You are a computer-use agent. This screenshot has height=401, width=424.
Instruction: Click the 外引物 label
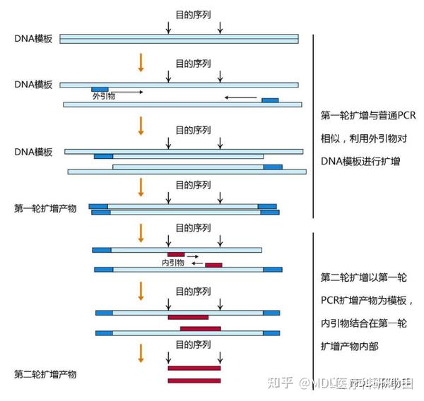tap(105, 92)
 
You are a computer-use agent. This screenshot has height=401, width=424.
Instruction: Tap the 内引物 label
tap(173, 262)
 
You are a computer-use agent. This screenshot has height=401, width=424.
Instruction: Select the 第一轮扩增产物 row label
tap(45, 208)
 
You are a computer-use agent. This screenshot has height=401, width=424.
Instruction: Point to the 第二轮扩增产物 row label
tap(45, 373)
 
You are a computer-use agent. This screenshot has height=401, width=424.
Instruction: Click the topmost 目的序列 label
tap(193, 14)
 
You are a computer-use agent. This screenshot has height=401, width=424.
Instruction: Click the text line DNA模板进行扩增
tap(360, 161)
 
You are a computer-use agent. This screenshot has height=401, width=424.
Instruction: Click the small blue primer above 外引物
tap(100, 88)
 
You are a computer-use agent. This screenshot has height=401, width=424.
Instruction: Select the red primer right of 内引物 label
tap(213, 265)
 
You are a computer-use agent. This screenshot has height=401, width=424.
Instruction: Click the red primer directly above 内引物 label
tap(176, 254)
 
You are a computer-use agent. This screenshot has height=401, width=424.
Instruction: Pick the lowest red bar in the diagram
tap(194, 381)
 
